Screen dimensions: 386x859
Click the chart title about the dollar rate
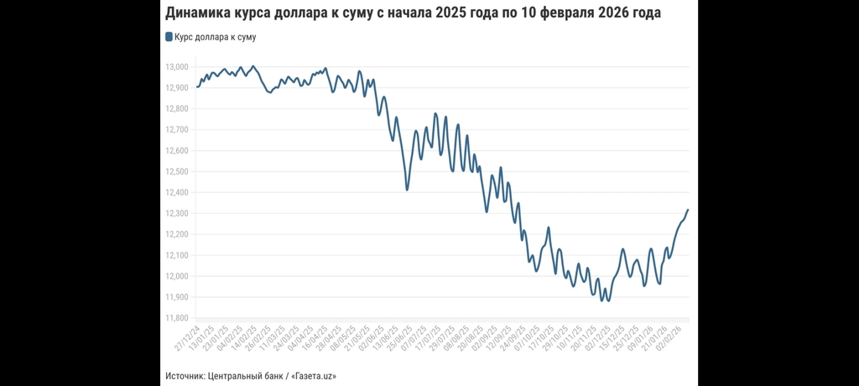[413, 13]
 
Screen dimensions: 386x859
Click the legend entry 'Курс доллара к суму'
[215, 37]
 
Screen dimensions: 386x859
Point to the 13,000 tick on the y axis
[176, 67]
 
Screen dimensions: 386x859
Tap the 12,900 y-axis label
[176, 88]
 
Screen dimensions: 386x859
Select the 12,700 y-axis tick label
[176, 130]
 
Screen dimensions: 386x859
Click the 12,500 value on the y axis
[176, 171]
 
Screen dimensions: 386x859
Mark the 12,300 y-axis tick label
[176, 213]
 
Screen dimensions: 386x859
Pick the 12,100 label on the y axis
[176, 255]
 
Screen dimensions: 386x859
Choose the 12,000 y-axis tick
[176, 276]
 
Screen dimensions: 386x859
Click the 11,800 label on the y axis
[176, 318]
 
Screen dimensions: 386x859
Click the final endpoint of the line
[688, 210]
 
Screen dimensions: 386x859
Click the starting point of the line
[197, 86]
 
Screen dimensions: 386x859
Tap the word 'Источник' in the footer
[185, 375]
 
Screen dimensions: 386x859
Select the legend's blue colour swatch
[169, 37]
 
